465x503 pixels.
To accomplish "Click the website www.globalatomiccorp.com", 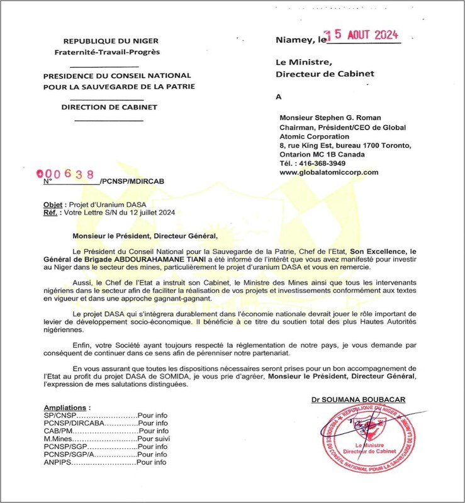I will (328, 172).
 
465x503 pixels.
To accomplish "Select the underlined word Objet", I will (53, 204).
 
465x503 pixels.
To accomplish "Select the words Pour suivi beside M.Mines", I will (155, 439).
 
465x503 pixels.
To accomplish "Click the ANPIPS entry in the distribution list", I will (57, 463).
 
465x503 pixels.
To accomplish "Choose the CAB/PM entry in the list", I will (58, 431).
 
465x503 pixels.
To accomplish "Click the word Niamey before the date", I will (293, 40).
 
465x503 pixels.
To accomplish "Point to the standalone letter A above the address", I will (279, 97).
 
